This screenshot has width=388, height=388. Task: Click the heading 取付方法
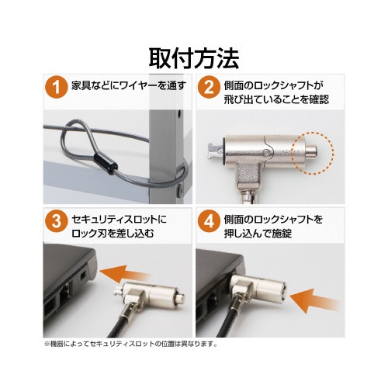[194, 59]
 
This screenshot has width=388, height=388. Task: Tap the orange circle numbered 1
[56, 87]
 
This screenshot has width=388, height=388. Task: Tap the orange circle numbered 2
[209, 87]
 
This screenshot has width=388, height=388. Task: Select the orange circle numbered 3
[56, 222]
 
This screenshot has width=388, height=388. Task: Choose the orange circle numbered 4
[209, 222]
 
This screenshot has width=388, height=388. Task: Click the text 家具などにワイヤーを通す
[129, 85]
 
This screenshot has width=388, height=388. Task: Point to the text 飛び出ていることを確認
[276, 99]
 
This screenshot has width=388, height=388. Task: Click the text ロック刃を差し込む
[113, 234]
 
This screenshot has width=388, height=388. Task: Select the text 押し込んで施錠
[258, 234]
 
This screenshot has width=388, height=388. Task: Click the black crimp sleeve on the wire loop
[106, 164]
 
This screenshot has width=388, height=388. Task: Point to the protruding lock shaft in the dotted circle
[312, 151]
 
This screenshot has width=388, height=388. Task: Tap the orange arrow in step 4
[314, 300]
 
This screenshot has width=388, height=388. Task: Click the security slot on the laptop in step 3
[83, 276]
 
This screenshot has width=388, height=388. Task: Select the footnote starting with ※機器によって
[130, 345]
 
